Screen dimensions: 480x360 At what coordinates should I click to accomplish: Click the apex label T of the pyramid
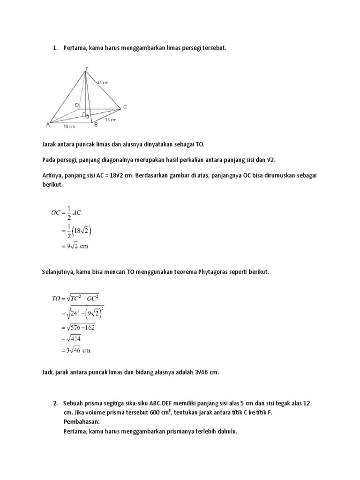86,68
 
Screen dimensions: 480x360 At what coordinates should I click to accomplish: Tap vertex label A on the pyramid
48,124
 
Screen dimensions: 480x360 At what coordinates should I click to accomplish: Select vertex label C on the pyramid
125,107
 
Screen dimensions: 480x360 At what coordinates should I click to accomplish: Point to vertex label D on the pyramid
76,105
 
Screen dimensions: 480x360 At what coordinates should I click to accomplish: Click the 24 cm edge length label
103,82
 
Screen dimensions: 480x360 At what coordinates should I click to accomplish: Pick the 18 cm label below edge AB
70,127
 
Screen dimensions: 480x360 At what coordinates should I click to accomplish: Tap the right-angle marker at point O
83,114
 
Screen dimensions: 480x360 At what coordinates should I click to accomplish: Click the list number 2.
55,404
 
